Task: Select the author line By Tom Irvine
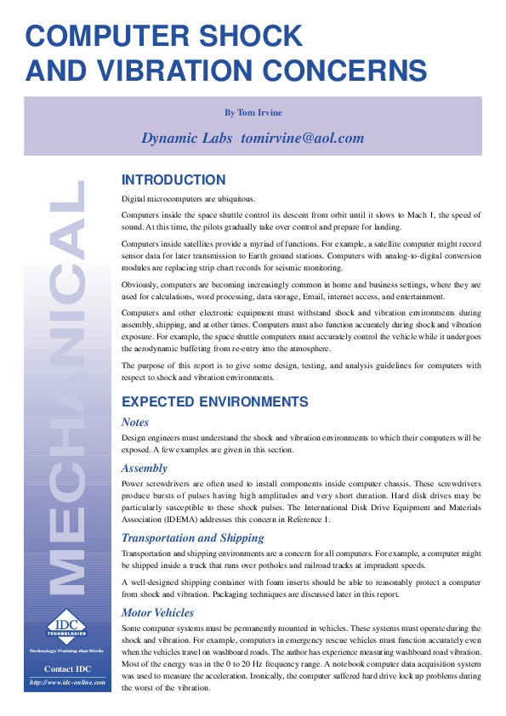coord(253,112)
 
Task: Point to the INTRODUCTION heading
coord(173,179)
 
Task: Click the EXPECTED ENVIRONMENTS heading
coord(215,401)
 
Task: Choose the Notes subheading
coord(135,422)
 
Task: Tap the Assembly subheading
coord(145,468)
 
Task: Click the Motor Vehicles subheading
coord(157,612)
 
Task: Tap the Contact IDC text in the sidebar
coord(67,669)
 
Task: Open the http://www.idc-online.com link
coord(67,682)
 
